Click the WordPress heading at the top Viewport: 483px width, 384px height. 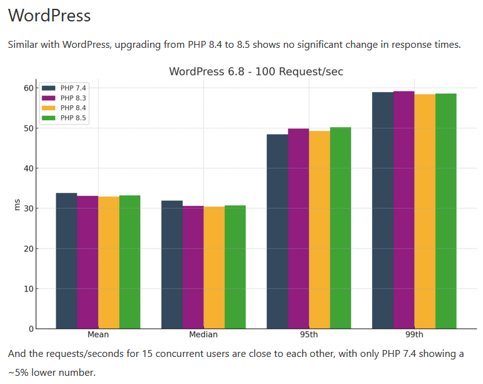coord(50,15)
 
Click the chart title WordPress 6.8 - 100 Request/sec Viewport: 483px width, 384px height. coord(256,72)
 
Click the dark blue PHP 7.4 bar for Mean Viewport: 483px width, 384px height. coord(66,261)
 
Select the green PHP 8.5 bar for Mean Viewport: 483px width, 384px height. coord(130,263)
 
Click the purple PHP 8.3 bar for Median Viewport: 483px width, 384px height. coord(193,268)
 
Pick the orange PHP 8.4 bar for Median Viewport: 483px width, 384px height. coord(214,268)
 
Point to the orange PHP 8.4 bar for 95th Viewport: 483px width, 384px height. coord(320,230)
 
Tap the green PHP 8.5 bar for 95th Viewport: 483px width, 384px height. coord(340,228)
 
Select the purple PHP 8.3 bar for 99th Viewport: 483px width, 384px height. coord(404,210)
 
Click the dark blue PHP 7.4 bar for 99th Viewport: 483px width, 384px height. coord(383,211)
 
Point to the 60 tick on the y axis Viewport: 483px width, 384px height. coord(28,88)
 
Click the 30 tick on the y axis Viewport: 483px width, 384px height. coord(28,208)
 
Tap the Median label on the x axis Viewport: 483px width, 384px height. coord(203,335)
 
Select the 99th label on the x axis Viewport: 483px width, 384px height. coord(414,335)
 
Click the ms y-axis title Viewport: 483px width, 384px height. coord(17,206)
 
